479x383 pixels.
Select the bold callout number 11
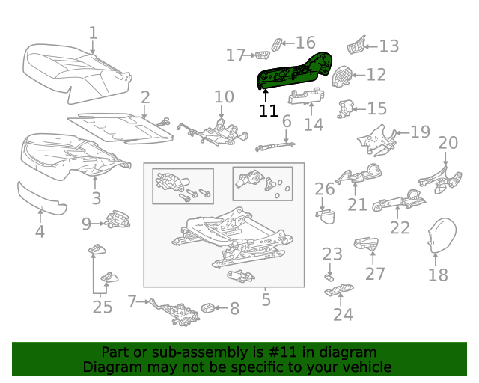(x=268, y=111)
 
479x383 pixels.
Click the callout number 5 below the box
(x=266, y=301)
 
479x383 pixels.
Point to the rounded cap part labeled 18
(x=441, y=234)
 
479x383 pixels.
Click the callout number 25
(x=102, y=306)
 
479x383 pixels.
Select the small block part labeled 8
(x=210, y=307)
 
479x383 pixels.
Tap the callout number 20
(x=448, y=143)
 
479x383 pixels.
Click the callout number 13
(x=388, y=46)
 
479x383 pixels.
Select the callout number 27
(x=375, y=273)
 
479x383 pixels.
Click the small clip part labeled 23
(x=330, y=277)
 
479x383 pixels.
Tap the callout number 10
(x=224, y=96)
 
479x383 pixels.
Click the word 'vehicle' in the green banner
(x=365, y=367)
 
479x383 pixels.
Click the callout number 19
(x=420, y=132)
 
